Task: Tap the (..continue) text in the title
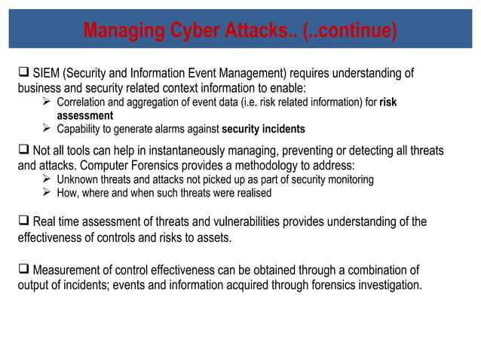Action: point(350,32)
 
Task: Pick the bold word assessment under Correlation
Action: point(85,115)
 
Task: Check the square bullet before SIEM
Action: point(23,73)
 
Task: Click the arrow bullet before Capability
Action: point(48,129)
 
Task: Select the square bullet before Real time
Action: point(23,222)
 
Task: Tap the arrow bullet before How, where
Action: point(48,193)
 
